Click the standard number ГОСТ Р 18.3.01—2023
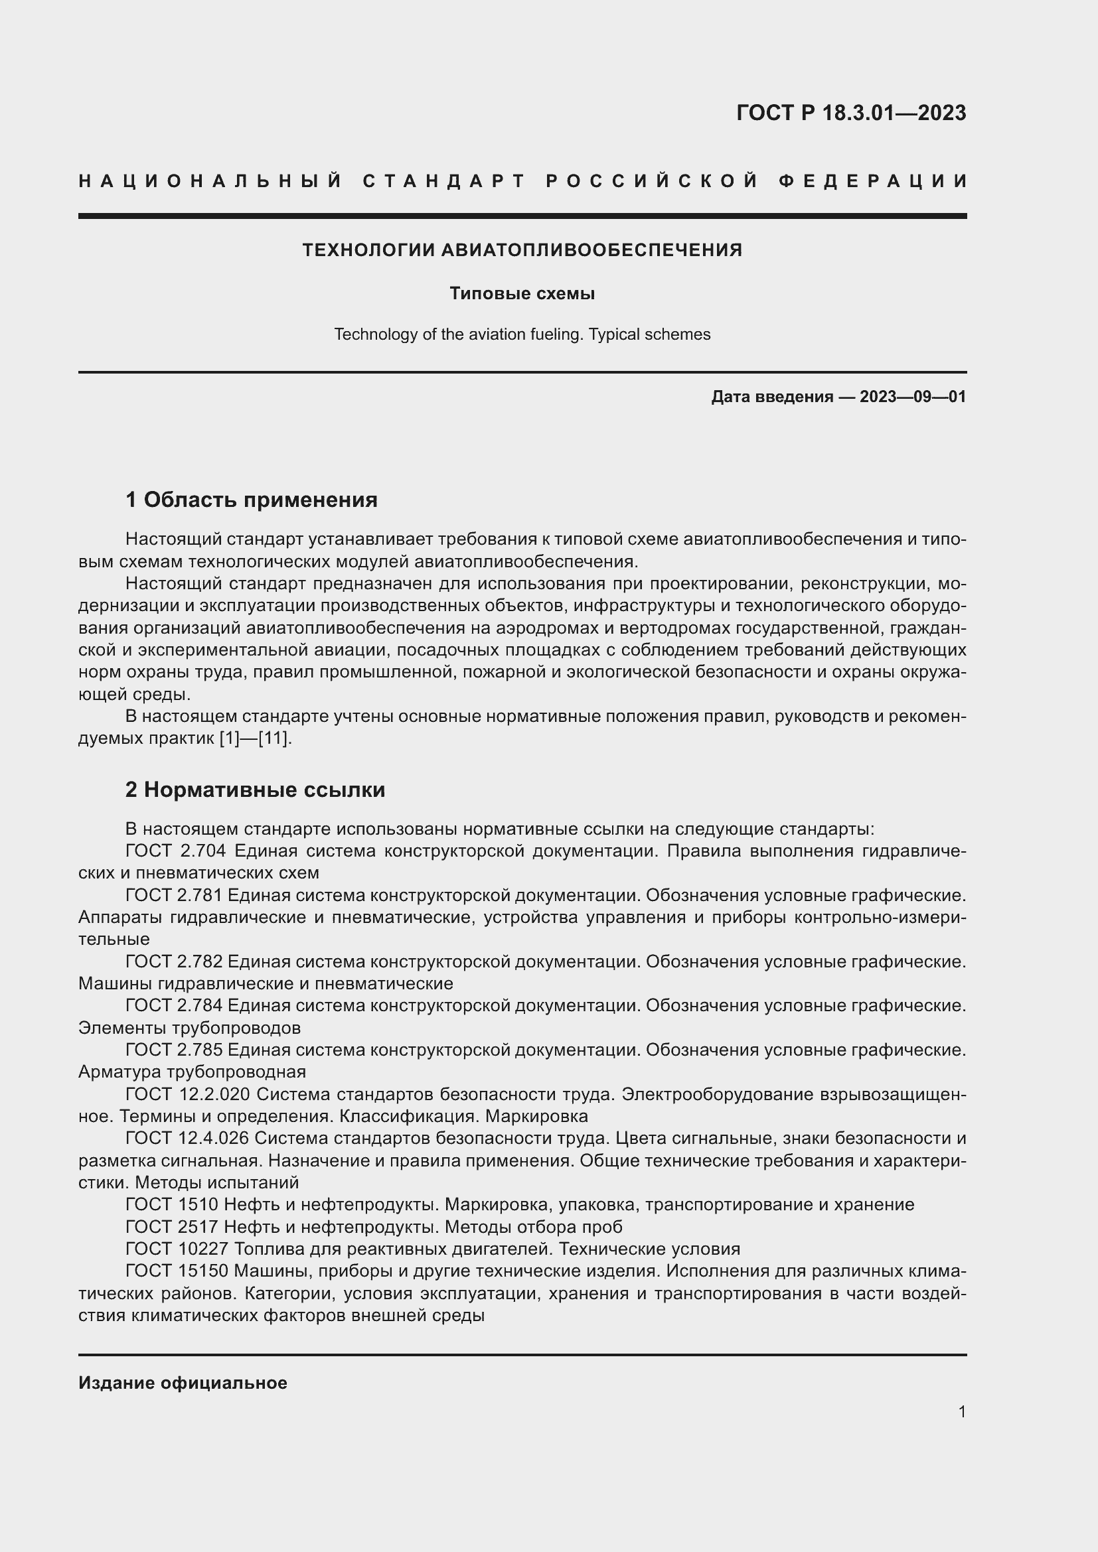(850, 113)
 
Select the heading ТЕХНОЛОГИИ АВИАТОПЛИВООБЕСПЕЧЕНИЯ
(522, 250)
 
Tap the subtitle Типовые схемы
(522, 293)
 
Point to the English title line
(522, 334)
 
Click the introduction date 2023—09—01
(912, 397)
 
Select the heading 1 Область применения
(251, 500)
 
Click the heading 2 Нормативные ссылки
(255, 790)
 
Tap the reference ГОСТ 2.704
(176, 851)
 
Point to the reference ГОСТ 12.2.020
(188, 1093)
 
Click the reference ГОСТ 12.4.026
(187, 1139)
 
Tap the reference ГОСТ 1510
(172, 1204)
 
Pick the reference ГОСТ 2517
(172, 1227)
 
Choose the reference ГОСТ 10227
(177, 1249)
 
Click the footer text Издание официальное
(183, 1383)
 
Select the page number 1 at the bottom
(961, 1412)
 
